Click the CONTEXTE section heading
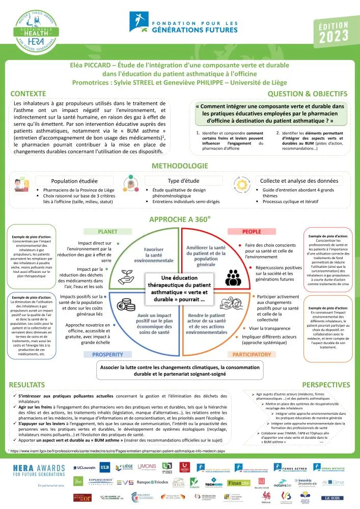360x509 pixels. (29, 94)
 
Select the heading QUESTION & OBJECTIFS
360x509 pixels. (308, 94)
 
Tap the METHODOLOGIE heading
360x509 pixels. (180, 166)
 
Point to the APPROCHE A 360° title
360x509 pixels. (180, 219)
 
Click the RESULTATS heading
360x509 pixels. (31, 384)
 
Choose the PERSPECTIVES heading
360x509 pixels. (326, 384)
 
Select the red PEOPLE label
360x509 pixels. (252, 231)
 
